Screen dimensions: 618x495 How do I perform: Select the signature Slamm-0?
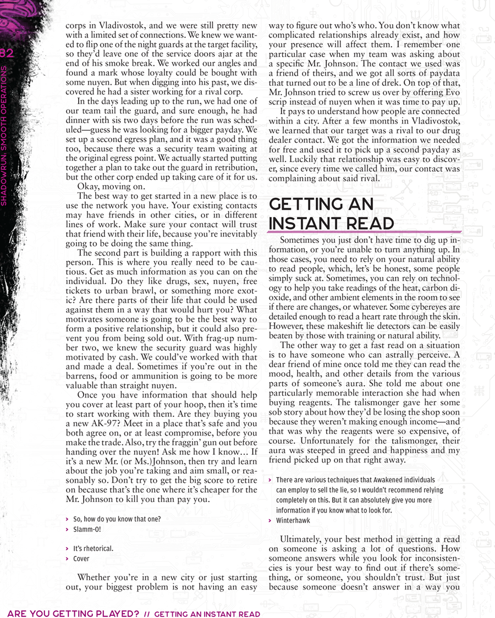87,530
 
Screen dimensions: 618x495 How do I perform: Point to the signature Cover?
81,559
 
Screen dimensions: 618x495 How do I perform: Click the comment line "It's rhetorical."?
93,549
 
